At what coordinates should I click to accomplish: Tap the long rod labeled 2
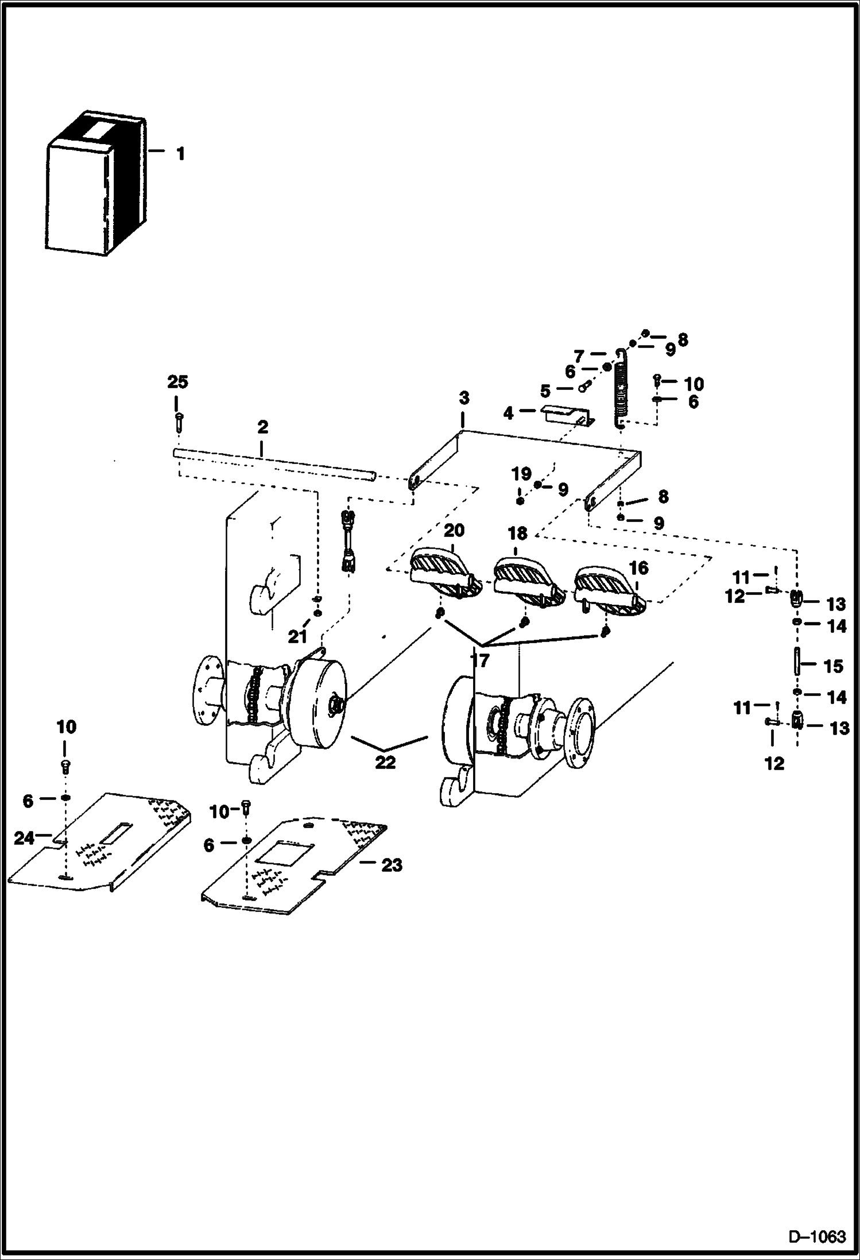(276, 463)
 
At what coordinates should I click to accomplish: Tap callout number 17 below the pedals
(479, 660)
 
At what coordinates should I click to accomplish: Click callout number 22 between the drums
(385, 763)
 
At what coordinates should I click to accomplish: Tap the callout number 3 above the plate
(464, 398)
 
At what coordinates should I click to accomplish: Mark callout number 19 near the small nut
(521, 474)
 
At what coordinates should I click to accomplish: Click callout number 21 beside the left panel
(297, 636)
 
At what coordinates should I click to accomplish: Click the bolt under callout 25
(179, 422)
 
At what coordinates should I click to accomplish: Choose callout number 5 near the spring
(545, 392)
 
